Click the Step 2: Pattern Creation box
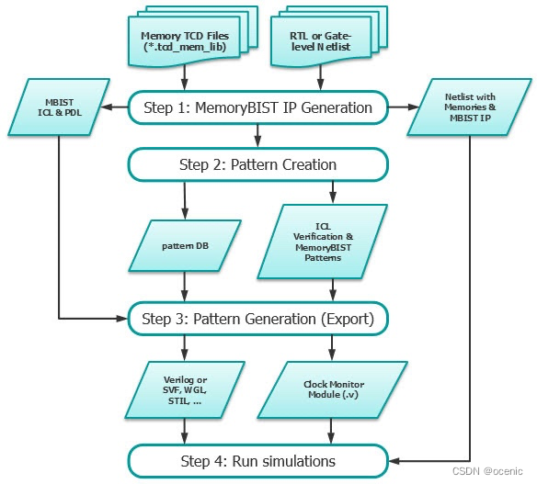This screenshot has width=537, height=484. click(257, 165)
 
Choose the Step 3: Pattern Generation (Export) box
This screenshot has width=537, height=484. click(257, 320)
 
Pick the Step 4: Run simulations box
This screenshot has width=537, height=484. click(257, 460)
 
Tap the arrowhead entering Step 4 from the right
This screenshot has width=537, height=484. click(394, 460)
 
